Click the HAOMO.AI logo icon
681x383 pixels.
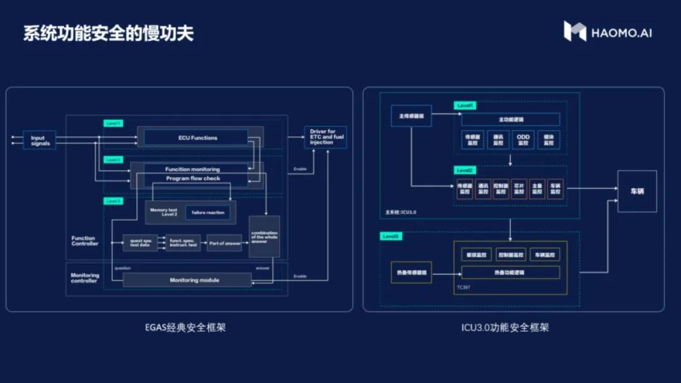574,32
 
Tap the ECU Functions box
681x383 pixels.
197,138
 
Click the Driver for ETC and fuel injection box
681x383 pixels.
325,137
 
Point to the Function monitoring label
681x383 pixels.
193,169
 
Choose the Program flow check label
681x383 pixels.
193,179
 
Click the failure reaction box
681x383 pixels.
207,213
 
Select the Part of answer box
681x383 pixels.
224,243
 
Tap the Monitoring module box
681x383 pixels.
187,280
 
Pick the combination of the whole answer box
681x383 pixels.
264,237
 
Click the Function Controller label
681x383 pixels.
84,241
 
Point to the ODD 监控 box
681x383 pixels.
523,140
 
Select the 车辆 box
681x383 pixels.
637,191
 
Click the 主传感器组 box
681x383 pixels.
411,115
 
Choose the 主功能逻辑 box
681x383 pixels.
511,119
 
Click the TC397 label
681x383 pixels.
463,287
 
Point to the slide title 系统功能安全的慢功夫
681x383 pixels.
108,33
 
